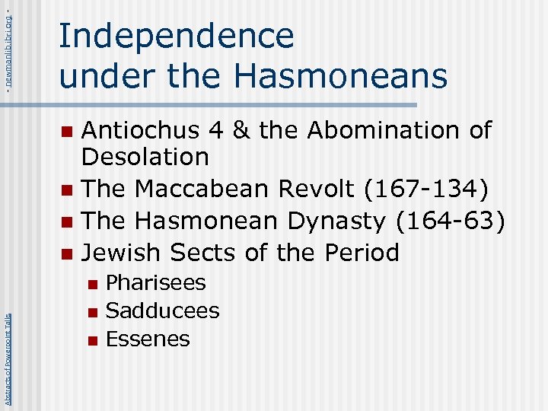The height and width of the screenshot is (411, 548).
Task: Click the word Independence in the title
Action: pos(176,37)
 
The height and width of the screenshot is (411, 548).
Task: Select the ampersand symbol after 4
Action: pos(241,130)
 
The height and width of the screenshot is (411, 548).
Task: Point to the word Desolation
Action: pos(145,158)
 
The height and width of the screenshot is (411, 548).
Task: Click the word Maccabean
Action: pos(205,190)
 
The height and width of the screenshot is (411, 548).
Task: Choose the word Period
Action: pos(358,252)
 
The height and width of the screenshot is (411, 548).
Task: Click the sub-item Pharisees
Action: pos(155,283)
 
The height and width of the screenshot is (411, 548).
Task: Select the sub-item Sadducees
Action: pos(162,311)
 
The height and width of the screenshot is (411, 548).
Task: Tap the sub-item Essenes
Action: pos(148,339)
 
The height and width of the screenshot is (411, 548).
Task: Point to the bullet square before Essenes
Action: pos(92,340)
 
